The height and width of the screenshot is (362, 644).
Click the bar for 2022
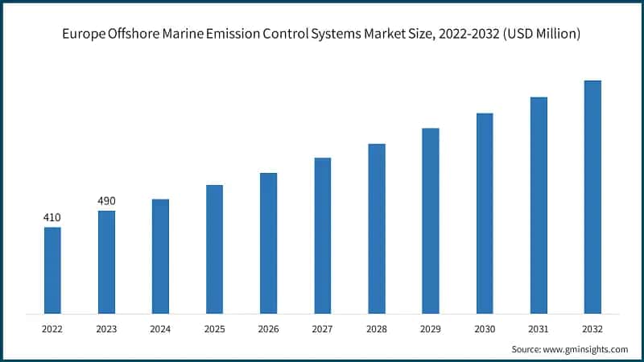52,270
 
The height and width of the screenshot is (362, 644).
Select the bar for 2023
106,262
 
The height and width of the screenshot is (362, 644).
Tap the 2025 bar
214,249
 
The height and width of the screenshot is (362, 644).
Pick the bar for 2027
322,236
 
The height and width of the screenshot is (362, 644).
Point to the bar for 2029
431,220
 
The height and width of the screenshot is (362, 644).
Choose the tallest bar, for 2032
592,197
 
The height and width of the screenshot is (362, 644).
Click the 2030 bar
485,213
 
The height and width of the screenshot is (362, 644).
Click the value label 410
52,217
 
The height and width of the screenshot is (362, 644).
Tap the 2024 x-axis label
160,328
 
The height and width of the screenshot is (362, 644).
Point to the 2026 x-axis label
268,328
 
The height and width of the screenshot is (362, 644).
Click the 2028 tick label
377,328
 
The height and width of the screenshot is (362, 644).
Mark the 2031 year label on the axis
539,328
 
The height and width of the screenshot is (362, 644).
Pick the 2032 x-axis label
592,328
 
